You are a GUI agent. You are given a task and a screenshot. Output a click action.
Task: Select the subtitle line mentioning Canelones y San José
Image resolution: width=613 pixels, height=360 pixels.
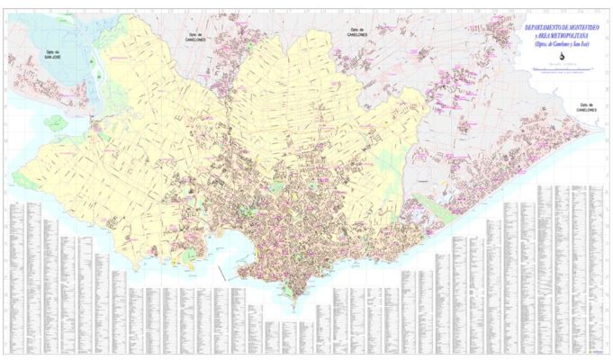tap(559, 45)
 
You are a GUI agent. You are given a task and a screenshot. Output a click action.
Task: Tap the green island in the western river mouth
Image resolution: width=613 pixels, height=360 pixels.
tap(56, 121)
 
